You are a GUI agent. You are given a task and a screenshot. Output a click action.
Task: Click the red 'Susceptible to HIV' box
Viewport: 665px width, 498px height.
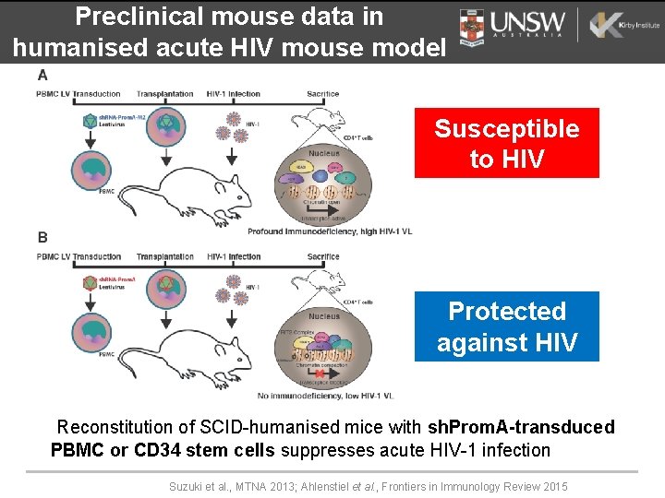coord(506,143)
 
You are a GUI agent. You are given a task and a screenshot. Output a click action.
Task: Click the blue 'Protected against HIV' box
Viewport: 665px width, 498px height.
coord(506,326)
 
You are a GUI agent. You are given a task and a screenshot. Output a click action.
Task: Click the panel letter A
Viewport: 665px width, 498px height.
coord(42,75)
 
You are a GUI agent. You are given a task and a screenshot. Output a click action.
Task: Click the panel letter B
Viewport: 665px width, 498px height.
coord(42,238)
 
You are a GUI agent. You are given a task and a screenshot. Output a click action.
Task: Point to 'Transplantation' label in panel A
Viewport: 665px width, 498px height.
coord(164,94)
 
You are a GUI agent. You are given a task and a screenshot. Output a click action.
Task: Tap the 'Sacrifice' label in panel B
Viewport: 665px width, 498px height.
coord(323,256)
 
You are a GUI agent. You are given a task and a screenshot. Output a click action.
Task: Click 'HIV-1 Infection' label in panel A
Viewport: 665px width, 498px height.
coord(234,94)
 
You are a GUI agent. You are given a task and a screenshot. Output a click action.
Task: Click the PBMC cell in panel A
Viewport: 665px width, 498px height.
coord(94,169)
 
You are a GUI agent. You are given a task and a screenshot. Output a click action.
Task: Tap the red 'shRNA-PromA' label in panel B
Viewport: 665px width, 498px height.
coord(116,279)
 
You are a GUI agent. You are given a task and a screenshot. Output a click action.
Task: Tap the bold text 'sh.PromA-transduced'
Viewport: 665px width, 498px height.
coord(521,427)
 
